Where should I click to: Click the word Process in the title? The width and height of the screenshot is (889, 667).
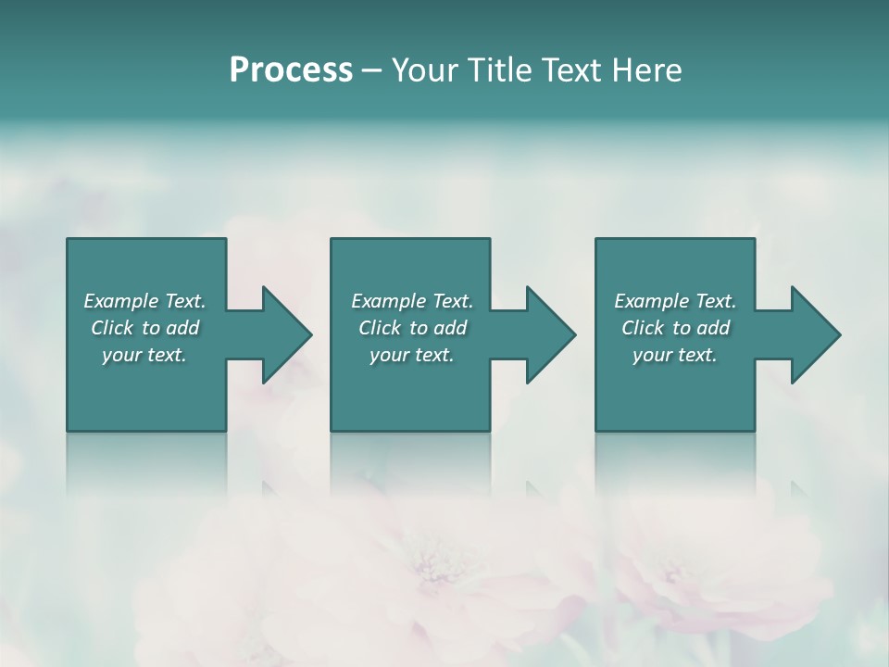pos(291,70)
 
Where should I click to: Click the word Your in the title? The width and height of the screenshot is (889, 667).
pos(423,70)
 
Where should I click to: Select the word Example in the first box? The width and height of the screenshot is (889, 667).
pos(121,301)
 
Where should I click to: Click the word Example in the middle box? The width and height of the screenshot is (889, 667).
pos(389,301)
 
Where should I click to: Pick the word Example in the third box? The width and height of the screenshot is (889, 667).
pos(652,301)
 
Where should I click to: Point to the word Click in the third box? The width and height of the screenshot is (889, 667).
pos(643,328)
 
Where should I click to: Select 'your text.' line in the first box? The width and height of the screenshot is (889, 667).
pos(144,355)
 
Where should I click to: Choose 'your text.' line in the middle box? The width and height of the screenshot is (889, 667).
pos(412,355)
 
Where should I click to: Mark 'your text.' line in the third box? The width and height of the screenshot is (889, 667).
pos(675,355)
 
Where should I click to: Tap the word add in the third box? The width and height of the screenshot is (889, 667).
pos(714,328)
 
